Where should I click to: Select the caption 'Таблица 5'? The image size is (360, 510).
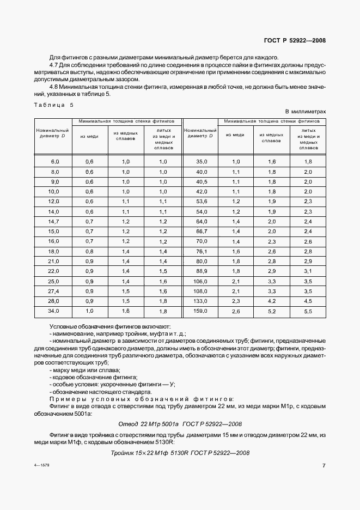[x=53, y=105]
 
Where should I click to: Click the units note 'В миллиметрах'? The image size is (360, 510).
[x=305, y=111]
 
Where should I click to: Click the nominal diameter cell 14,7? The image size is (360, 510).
[x=54, y=222]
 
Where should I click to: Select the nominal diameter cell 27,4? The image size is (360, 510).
[x=54, y=291]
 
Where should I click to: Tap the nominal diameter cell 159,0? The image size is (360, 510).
[x=202, y=311]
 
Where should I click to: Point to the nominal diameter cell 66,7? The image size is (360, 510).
[x=202, y=232]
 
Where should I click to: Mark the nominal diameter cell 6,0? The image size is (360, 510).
[x=54, y=162]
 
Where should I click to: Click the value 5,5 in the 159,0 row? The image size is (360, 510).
[x=308, y=311]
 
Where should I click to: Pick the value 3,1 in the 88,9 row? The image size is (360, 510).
[x=308, y=271]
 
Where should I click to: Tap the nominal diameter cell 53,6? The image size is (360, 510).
[x=202, y=202]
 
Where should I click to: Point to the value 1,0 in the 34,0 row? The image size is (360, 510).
[x=90, y=311]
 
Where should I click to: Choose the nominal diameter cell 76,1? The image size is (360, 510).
[x=202, y=251]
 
